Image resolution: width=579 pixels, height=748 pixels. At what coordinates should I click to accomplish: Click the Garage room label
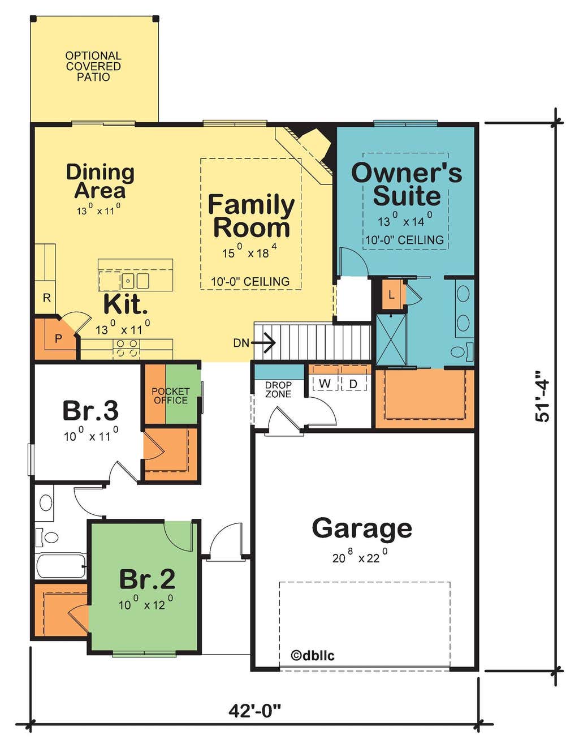pyautogui.click(x=362, y=528)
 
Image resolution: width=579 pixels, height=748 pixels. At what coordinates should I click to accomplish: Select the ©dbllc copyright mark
pyautogui.click(x=313, y=655)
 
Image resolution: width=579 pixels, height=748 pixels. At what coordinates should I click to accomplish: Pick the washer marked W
pyautogui.click(x=325, y=384)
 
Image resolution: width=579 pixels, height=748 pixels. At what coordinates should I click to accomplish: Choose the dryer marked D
pyautogui.click(x=353, y=384)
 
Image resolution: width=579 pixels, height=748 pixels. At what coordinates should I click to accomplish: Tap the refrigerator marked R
pyautogui.click(x=46, y=298)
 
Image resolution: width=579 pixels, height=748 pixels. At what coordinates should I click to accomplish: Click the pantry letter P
pyautogui.click(x=58, y=339)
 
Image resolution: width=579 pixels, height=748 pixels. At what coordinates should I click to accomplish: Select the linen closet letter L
pyautogui.click(x=391, y=295)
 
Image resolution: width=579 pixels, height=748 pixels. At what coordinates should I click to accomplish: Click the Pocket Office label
pyautogui.click(x=171, y=396)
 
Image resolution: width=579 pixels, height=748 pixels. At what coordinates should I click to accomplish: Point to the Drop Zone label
pyautogui.click(x=278, y=389)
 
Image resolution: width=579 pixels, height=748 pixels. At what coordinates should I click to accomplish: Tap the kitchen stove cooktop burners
pyautogui.click(x=126, y=348)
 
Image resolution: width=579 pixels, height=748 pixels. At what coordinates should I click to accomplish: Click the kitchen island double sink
pyautogui.click(x=135, y=281)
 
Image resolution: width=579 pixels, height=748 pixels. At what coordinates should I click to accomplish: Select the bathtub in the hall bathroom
pyautogui.click(x=61, y=566)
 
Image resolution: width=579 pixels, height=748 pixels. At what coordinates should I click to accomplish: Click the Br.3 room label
pyautogui.click(x=90, y=411)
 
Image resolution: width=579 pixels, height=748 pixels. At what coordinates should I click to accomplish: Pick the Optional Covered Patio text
pyautogui.click(x=93, y=66)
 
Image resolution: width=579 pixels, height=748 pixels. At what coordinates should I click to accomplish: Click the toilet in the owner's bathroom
pyautogui.click(x=462, y=351)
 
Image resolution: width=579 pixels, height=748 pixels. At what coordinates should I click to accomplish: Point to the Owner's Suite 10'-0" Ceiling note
pyautogui.click(x=404, y=240)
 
